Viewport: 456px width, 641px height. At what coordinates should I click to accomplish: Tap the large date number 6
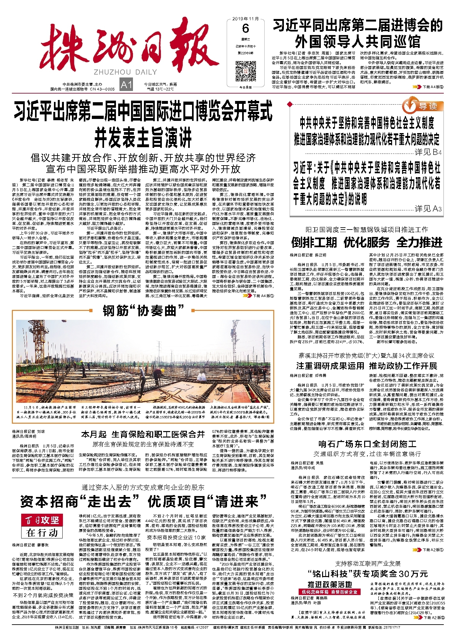pyautogui.click(x=246, y=29)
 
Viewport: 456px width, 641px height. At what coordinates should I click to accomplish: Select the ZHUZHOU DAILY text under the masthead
pyautogui.click(x=126, y=72)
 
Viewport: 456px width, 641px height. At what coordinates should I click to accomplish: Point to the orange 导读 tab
pyautogui.click(x=423, y=106)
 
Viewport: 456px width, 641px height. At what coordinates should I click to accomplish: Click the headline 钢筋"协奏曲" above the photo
pyautogui.click(x=143, y=311)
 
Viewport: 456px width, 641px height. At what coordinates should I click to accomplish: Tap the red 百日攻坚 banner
pyautogui.click(x=42, y=519)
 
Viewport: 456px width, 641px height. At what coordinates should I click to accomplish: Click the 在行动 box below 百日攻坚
pyautogui.click(x=42, y=532)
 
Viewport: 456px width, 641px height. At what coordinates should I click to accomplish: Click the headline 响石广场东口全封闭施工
pyautogui.click(x=367, y=444)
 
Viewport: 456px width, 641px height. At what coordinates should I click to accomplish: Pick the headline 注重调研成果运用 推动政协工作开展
pyautogui.click(x=367, y=366)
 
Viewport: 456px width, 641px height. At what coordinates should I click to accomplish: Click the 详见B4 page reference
pyautogui.click(x=428, y=152)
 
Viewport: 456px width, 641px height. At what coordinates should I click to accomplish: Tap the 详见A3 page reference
pyautogui.click(x=428, y=209)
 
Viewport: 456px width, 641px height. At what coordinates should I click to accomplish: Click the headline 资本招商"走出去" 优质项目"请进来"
pyautogui.click(x=143, y=501)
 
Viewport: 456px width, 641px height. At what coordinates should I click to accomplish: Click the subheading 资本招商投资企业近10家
pyautogui.click(x=176, y=537)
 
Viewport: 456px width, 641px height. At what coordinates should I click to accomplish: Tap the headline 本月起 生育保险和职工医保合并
pyautogui.click(x=143, y=435)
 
